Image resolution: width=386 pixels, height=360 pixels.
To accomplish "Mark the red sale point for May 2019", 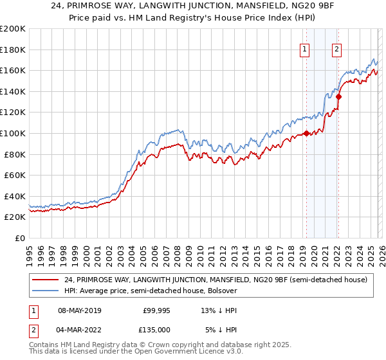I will pyautogui.click(x=306, y=134).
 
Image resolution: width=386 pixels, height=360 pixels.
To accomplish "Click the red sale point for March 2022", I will pyautogui.click(x=338, y=97).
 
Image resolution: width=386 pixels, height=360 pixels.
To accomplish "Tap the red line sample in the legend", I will pyautogui.click(x=46, y=280).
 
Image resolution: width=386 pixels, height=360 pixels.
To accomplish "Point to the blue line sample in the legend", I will pyautogui.click(x=46, y=291).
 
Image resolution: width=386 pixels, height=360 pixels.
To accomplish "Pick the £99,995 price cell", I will pyautogui.click(x=156, y=310).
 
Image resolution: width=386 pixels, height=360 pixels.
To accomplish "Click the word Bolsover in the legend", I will pyautogui.click(x=221, y=291).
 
